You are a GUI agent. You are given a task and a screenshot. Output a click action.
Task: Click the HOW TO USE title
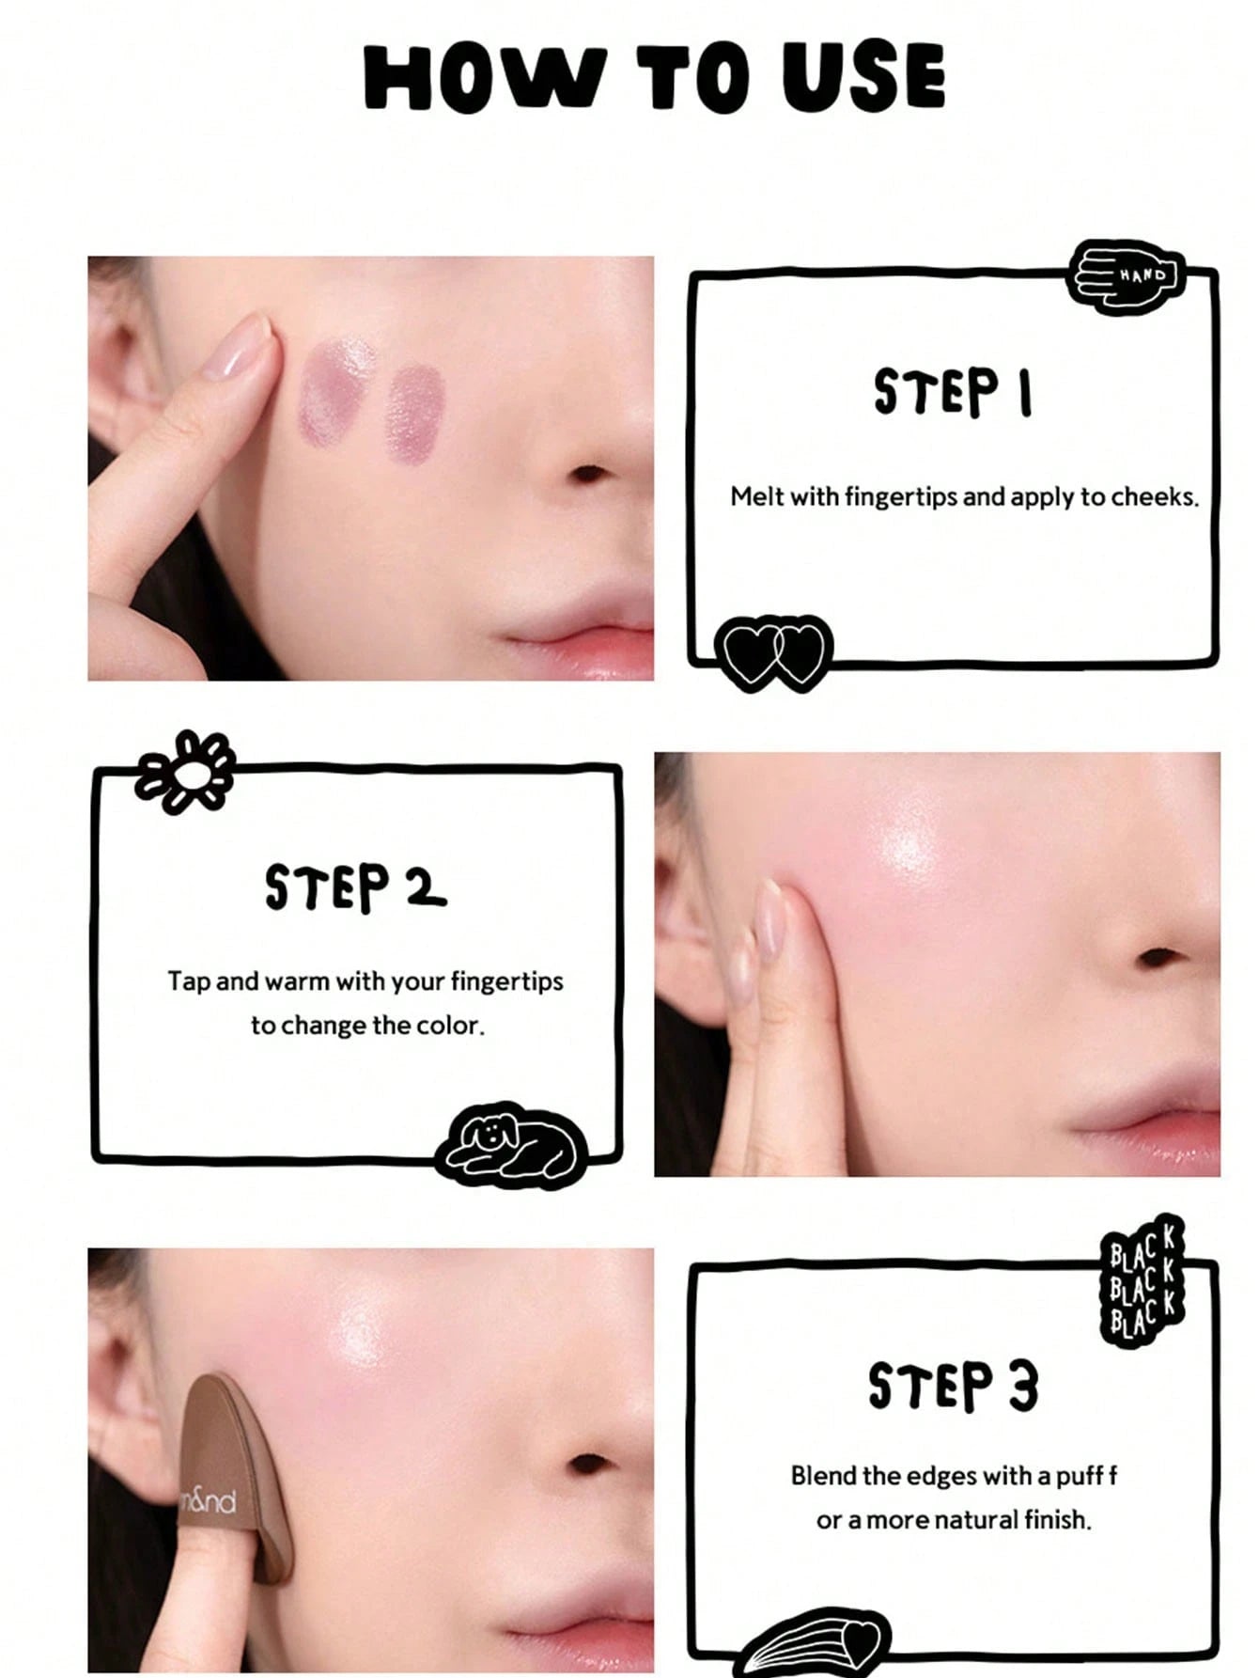655,77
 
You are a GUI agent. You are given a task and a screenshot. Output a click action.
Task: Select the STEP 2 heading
355,887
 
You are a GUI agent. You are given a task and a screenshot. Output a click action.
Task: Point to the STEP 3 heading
953,1386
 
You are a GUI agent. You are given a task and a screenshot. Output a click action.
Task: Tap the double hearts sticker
773,652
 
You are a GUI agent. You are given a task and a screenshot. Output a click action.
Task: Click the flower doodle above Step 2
185,771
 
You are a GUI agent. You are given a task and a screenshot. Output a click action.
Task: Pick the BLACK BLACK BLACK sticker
1142,1281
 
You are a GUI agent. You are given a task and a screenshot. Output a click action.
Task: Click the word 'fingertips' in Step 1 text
901,496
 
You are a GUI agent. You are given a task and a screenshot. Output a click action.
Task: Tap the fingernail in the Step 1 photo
239,347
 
